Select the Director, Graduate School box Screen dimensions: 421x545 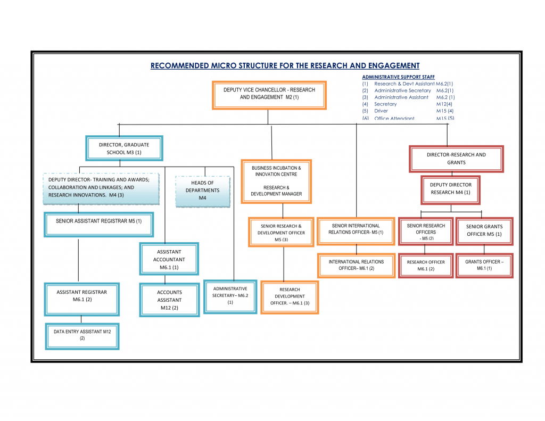tap(124, 148)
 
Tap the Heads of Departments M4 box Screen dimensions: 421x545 tap(202, 191)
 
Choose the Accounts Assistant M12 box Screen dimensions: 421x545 tap(169, 300)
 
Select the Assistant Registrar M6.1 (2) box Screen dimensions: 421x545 tap(82, 296)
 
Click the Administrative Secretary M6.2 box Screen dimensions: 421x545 tap(230, 296)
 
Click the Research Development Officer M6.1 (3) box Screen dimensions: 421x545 tap(290, 296)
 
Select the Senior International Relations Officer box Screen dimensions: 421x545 tap(356, 229)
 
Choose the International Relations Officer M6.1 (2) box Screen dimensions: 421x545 tap(356, 266)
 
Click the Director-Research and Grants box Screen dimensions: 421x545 tap(456, 159)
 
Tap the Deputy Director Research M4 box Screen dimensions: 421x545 tap(450, 189)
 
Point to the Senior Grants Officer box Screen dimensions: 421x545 tap(484, 230)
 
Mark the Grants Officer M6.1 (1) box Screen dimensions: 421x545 tap(484, 265)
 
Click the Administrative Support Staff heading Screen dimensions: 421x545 tap(398, 77)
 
